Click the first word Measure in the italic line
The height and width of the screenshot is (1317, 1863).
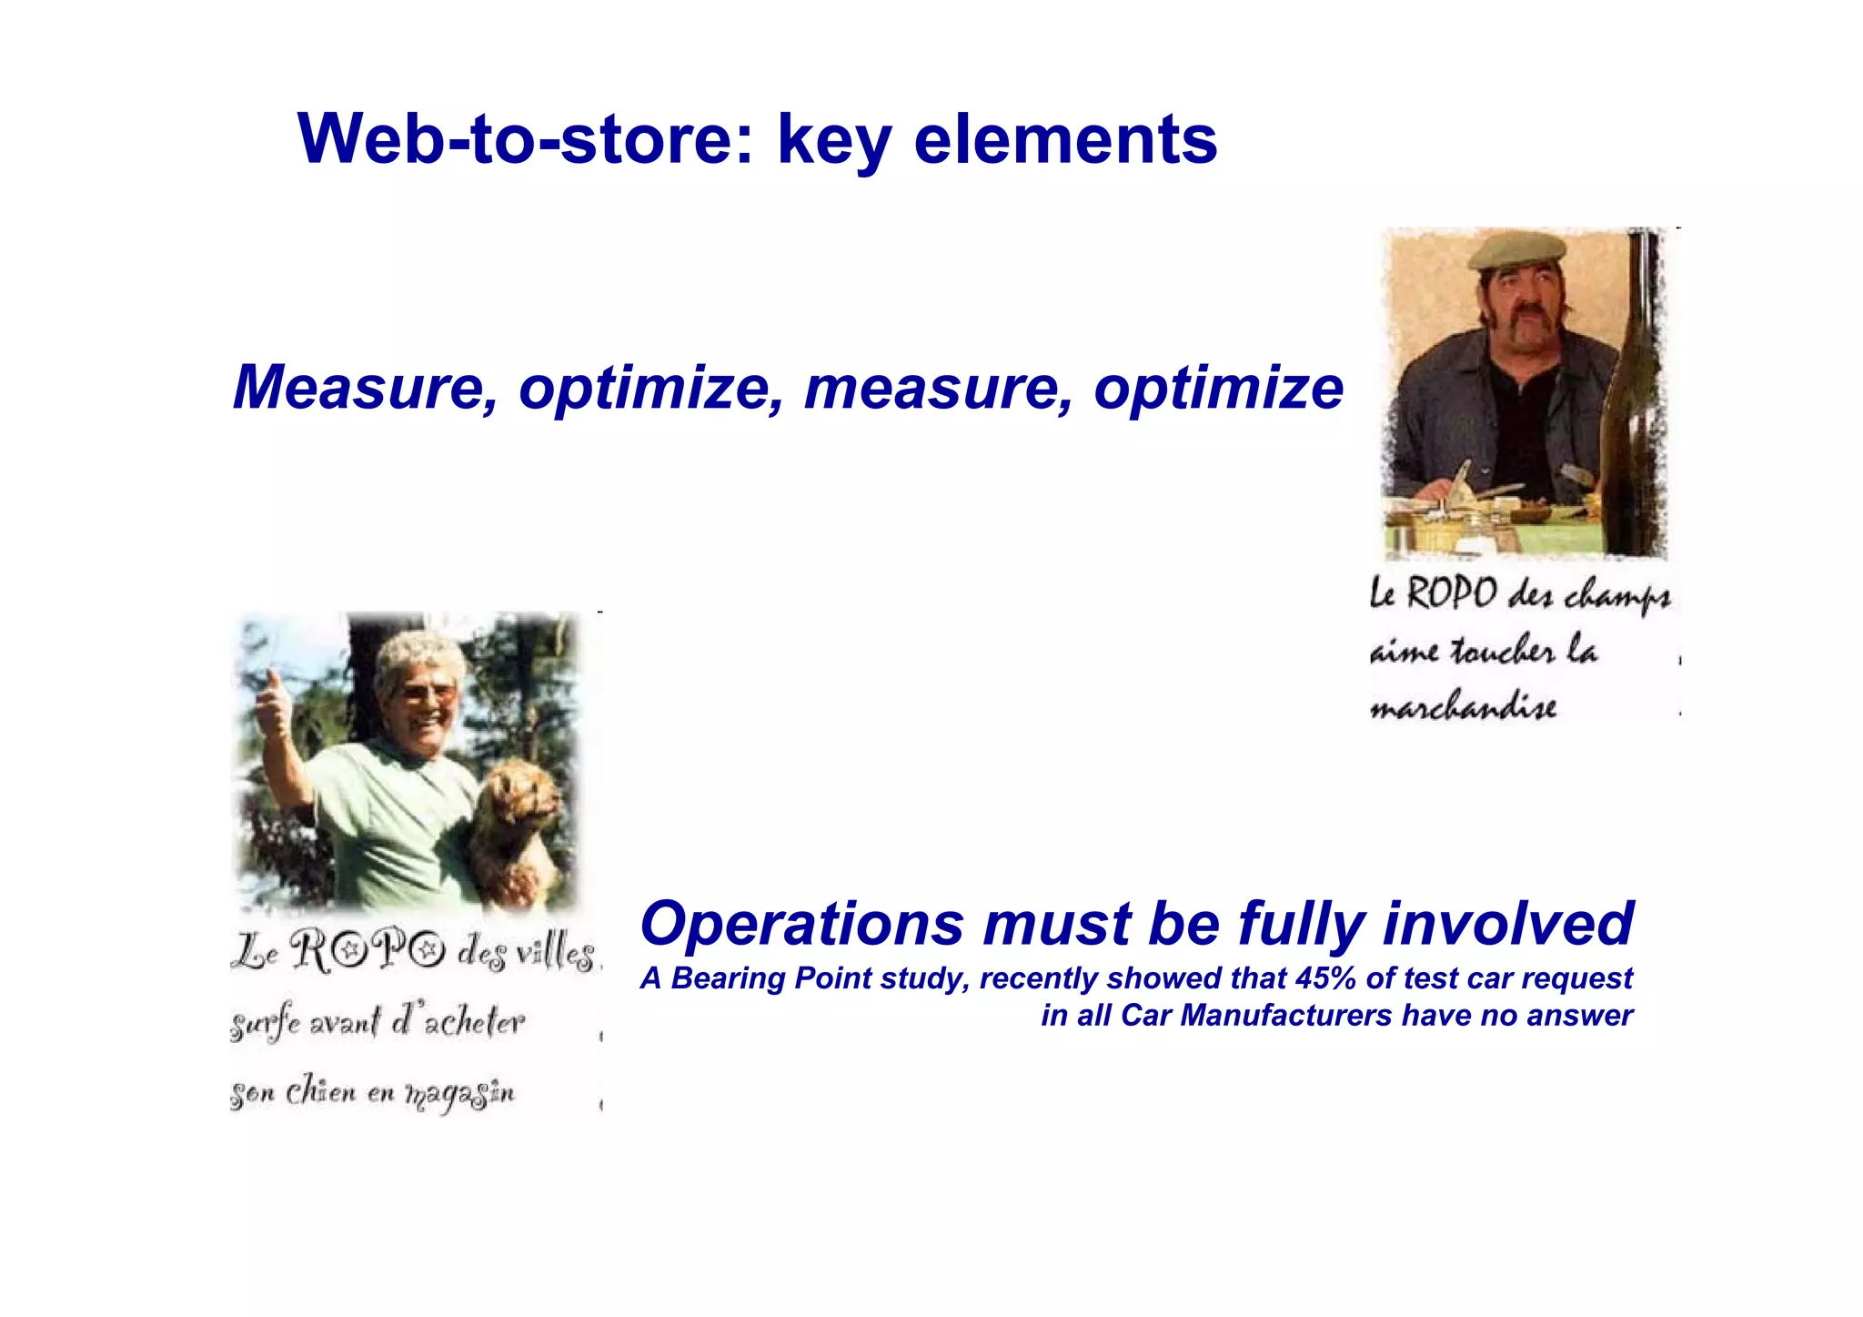[364, 388]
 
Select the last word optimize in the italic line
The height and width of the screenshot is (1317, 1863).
[1218, 388]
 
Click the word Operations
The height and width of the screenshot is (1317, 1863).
[802, 924]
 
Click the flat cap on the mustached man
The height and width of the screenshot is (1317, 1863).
[1516, 249]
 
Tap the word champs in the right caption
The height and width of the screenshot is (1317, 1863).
[1617, 597]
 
